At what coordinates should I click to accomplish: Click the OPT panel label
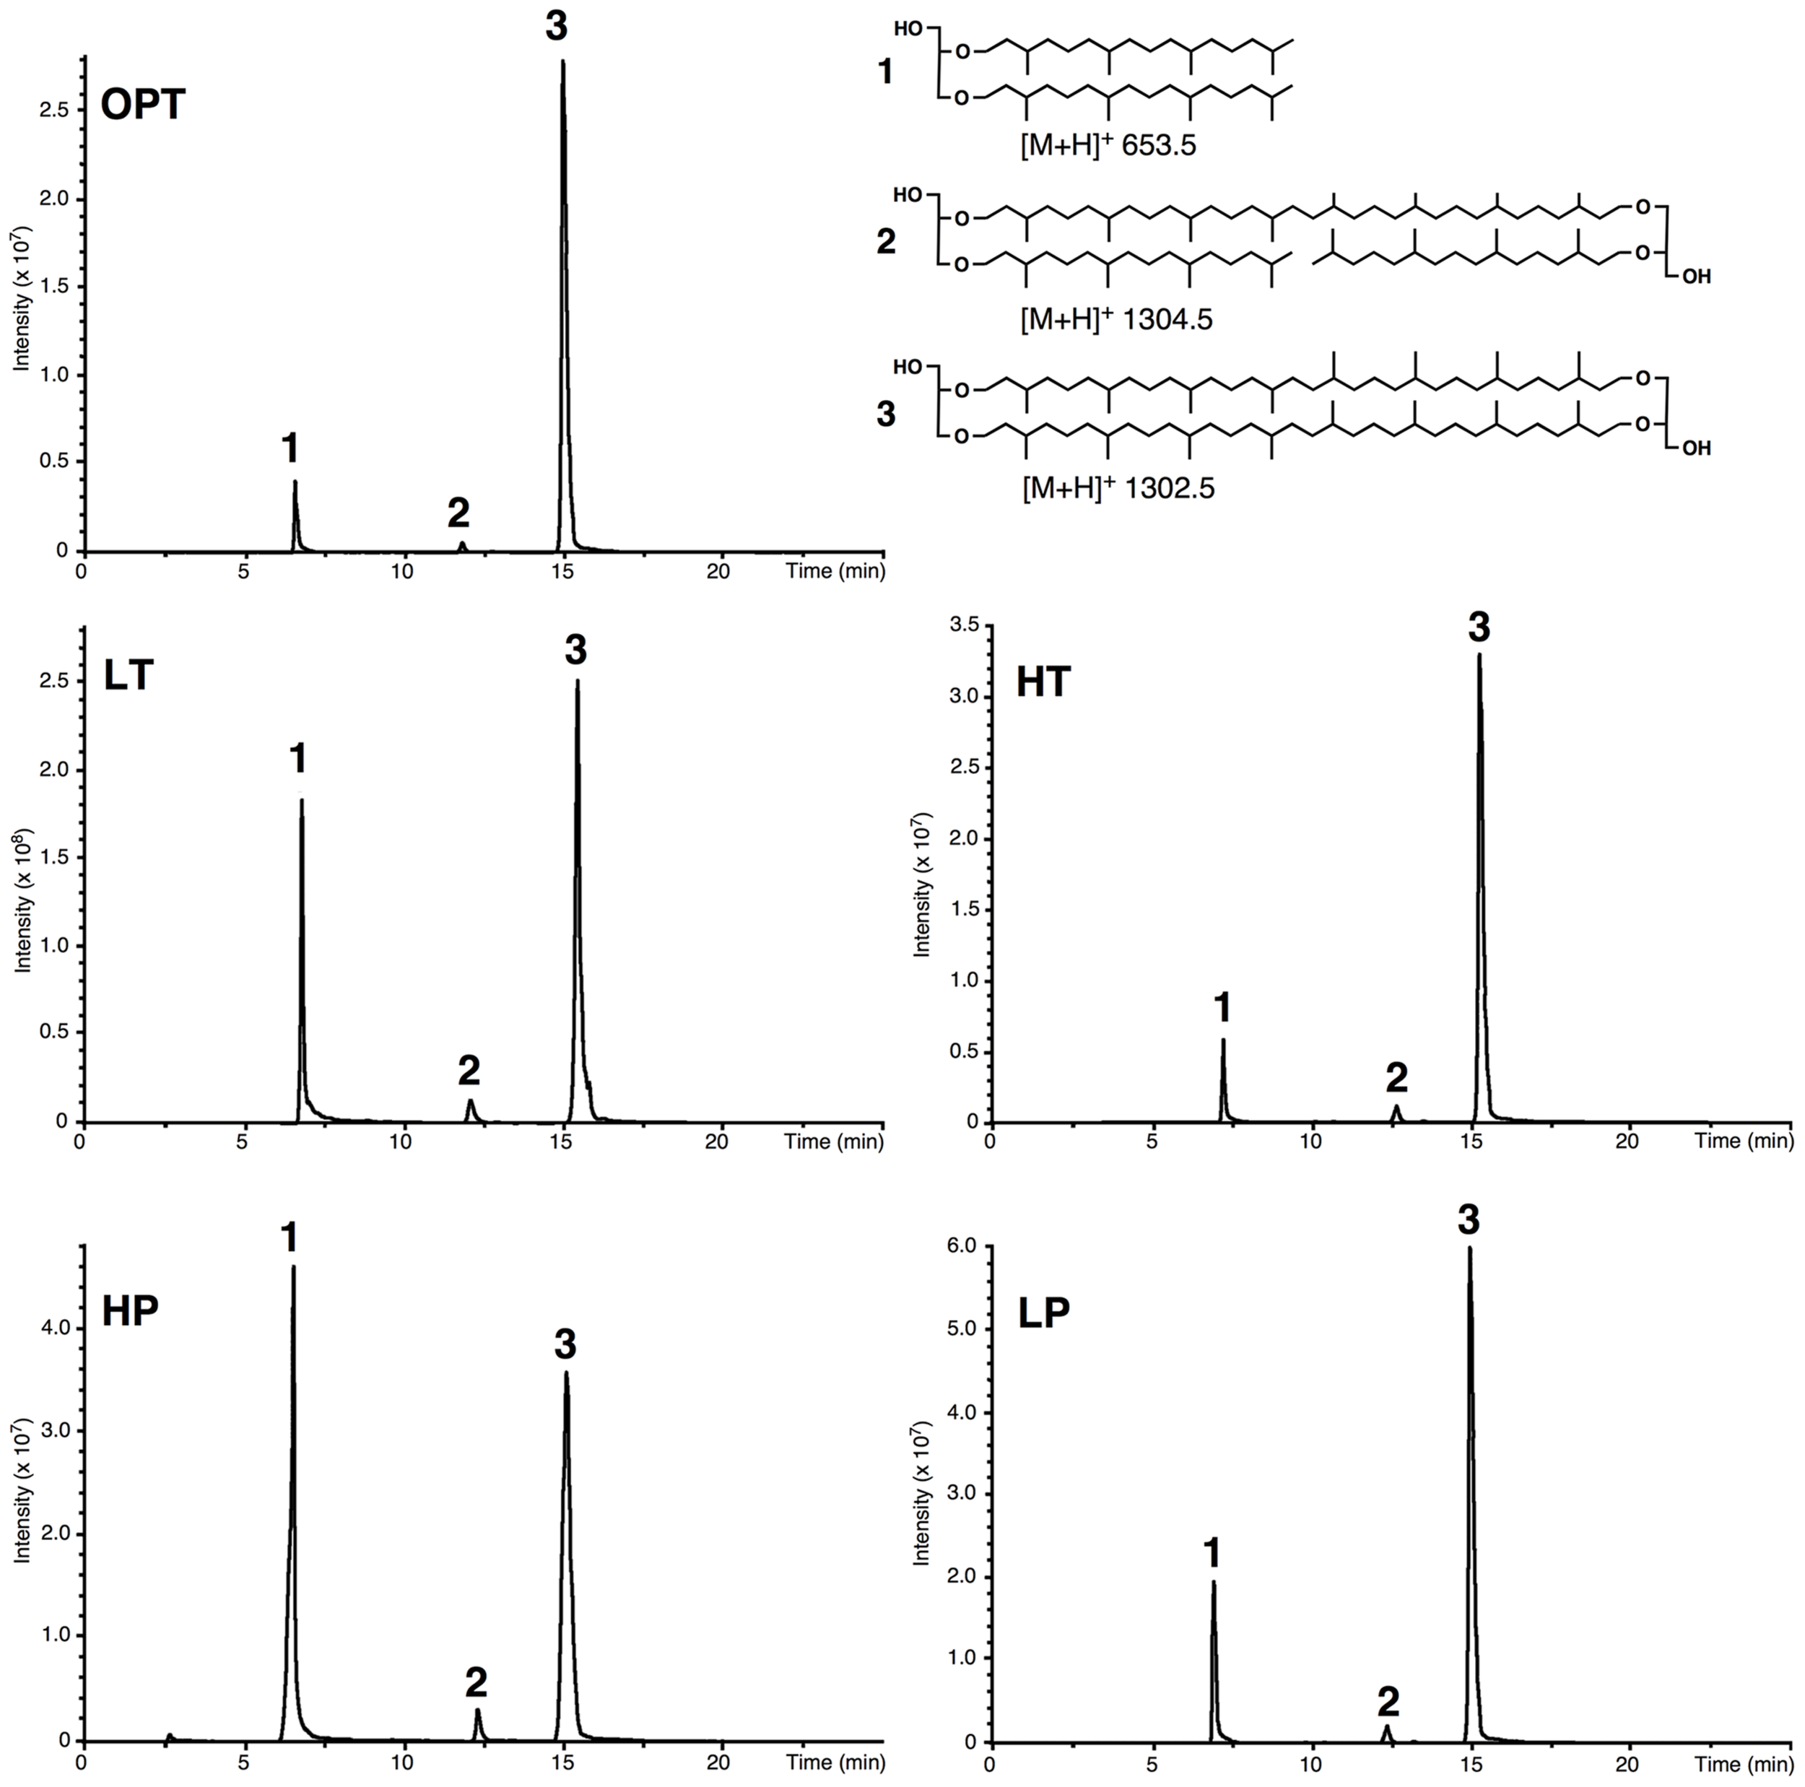(143, 104)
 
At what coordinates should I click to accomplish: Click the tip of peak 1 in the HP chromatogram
(293, 1269)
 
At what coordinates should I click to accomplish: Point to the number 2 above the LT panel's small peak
(469, 1071)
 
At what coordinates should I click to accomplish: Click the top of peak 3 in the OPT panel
(562, 64)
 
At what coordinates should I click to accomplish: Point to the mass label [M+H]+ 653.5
(1108, 146)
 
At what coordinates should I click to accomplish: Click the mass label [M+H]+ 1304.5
(1116, 319)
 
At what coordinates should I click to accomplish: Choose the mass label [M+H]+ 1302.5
(1118, 487)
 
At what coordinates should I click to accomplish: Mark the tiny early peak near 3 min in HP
(169, 1735)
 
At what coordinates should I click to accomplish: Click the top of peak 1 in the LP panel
(1213, 1581)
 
